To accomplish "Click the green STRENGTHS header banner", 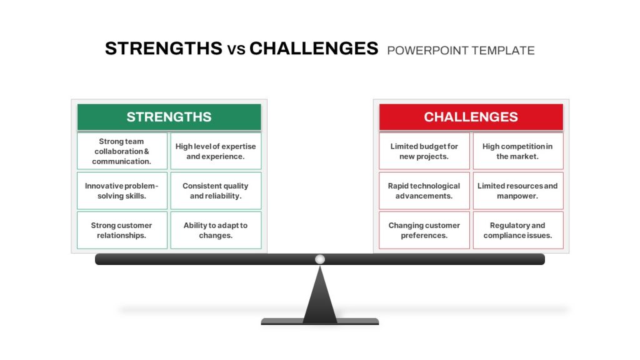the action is [x=169, y=117].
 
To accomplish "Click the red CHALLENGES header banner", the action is [x=471, y=117].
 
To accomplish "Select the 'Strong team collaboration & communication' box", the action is [x=122, y=151].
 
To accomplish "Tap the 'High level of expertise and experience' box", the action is [x=216, y=151].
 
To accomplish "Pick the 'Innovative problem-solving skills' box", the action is [x=122, y=191].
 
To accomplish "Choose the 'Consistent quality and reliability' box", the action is [x=216, y=191].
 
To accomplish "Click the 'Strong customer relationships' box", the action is [x=122, y=230].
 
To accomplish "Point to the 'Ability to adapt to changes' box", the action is [x=216, y=230].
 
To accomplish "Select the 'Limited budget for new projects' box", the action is [x=424, y=151].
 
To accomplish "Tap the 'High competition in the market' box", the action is [x=518, y=151].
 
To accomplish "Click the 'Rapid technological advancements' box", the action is [x=424, y=191].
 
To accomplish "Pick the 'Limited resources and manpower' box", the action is [x=518, y=191].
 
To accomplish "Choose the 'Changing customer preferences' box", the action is [x=424, y=230].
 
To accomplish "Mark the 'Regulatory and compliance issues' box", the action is [x=518, y=230].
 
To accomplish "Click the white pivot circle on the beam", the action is [x=320, y=259].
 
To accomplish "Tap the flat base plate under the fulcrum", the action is [x=320, y=322].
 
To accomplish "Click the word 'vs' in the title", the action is [x=236, y=50].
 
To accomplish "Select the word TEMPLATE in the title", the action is [x=503, y=51].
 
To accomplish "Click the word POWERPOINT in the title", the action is [x=427, y=51].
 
